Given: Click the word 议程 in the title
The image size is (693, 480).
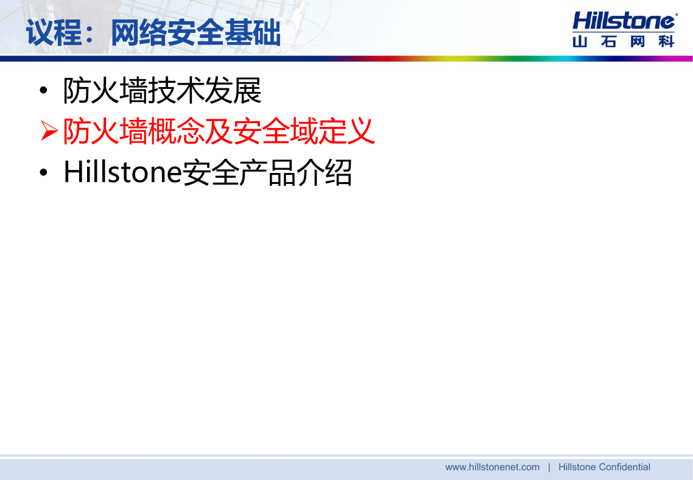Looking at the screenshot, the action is coord(54,33).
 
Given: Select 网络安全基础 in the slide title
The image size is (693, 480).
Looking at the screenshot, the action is coord(196,33).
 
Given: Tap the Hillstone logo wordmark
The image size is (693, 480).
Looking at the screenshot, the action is coord(624,21).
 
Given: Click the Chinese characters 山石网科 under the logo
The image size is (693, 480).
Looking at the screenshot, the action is coord(623,41).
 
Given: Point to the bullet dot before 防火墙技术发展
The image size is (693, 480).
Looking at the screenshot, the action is coord(43,91).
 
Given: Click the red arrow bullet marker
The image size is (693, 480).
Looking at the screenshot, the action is coord(49,131).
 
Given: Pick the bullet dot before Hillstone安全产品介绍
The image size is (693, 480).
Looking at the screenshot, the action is coord(43,172).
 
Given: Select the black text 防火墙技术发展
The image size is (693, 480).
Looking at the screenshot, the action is coord(162,91).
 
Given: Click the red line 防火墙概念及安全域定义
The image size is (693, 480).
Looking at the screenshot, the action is coord(219,131).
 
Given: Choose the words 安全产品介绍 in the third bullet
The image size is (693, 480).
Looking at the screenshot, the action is coord(267,172).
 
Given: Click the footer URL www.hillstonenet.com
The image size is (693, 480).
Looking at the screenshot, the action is coord(493,467).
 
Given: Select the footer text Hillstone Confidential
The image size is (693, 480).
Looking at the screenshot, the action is coord(604,467).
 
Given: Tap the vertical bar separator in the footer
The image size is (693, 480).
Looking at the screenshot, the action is coord(549,467).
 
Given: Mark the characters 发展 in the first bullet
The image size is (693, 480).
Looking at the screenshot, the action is coord(233,91).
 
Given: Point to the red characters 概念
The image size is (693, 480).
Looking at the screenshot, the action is coord(177,131).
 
